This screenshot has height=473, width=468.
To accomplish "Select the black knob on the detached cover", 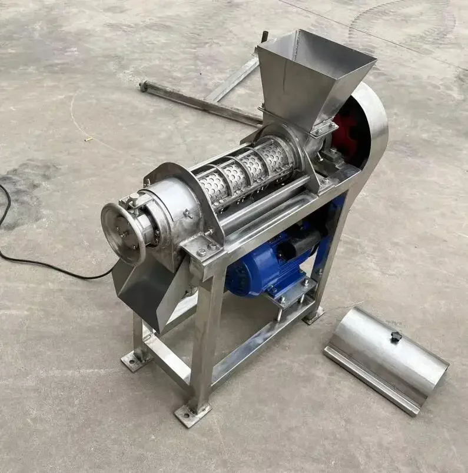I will [396, 336].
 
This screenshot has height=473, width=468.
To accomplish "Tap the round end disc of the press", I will [122, 233].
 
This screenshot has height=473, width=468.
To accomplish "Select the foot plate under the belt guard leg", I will [313, 316].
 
